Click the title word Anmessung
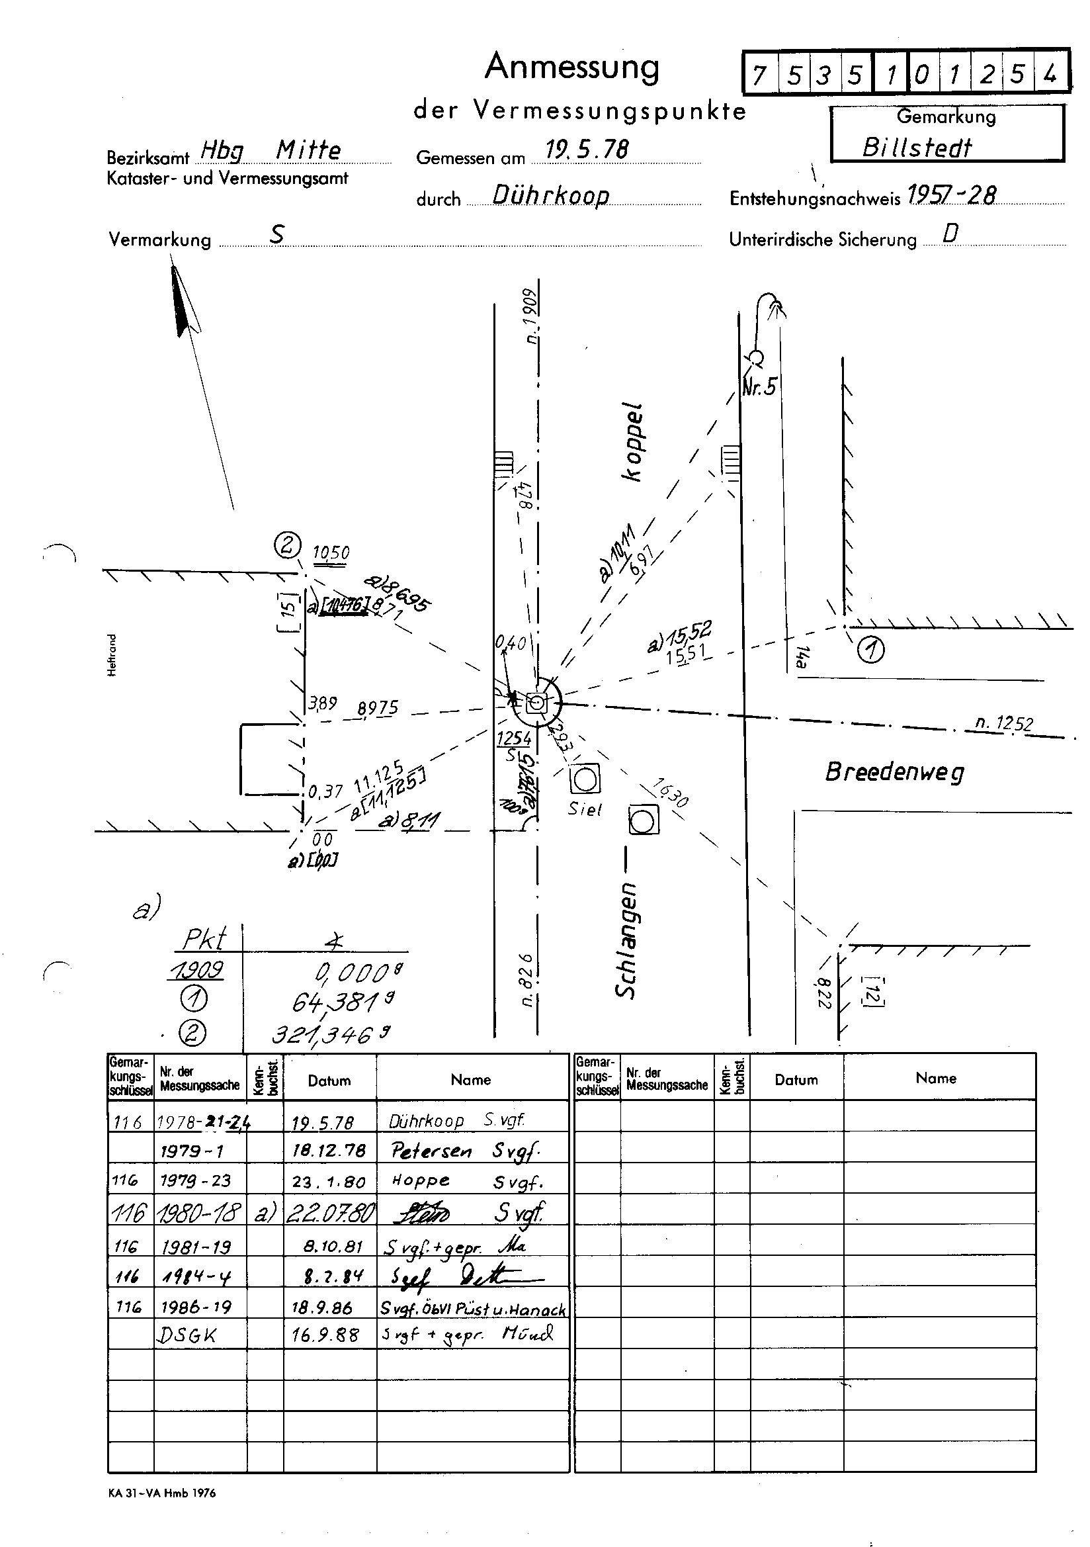(572, 67)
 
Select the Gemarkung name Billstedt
(917, 148)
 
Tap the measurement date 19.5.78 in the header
(586, 150)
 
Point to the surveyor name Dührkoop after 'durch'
(550, 195)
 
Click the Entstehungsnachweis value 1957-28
(951, 195)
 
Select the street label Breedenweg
(894, 772)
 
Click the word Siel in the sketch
(584, 809)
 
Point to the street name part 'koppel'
(633, 442)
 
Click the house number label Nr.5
(759, 386)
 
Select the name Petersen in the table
(431, 1151)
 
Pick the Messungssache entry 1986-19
(195, 1307)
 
